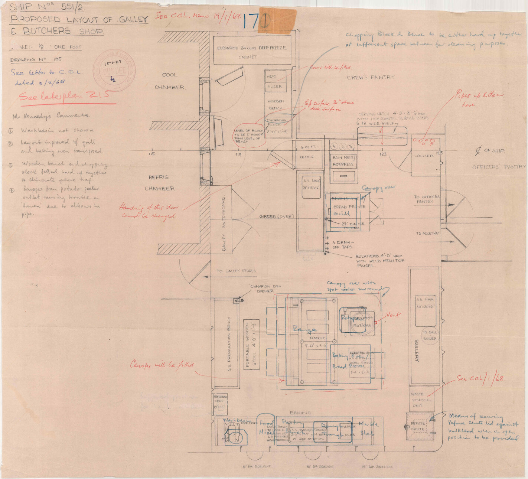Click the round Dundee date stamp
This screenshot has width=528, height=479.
click(114, 70)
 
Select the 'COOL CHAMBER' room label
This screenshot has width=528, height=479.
click(169, 81)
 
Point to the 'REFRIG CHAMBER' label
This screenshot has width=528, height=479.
click(160, 183)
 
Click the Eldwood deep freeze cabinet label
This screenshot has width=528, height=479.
click(252, 52)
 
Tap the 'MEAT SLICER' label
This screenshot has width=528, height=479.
click(274, 81)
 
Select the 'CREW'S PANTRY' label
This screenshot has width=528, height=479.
click(371, 77)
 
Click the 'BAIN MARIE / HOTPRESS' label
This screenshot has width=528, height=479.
click(344, 160)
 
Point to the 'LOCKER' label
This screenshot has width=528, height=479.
click(424, 156)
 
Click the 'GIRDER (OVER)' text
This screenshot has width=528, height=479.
click(276, 216)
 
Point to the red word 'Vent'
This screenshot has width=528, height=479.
click(393, 315)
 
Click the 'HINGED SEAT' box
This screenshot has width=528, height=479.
click(220, 402)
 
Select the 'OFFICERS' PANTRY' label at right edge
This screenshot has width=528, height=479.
click(499, 167)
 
